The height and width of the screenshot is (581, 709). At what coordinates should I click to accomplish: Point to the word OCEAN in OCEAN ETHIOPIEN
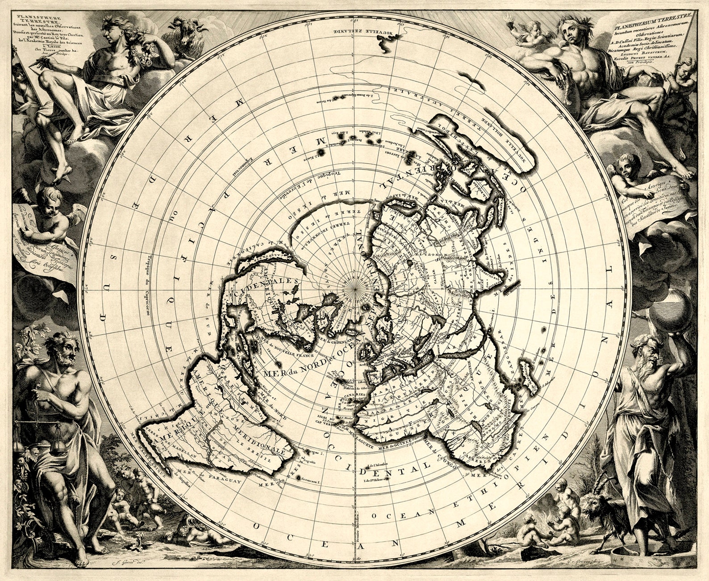point(393,516)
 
